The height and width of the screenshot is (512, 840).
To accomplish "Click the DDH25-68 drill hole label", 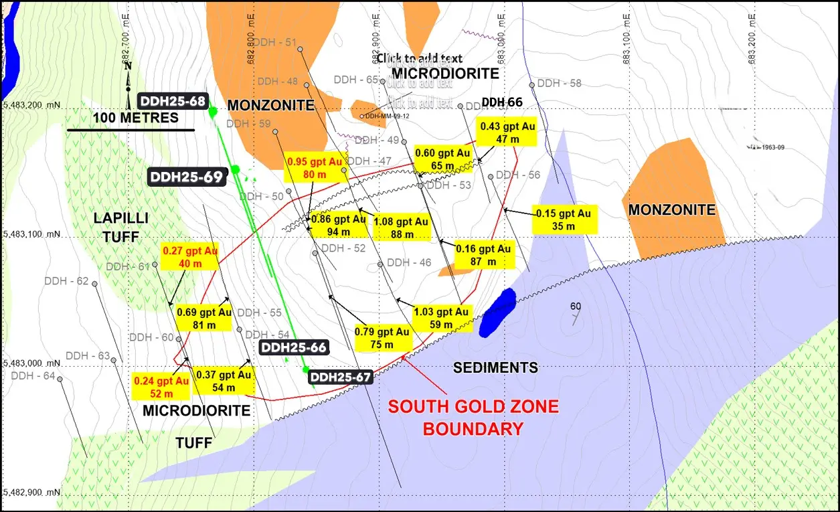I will (173, 101).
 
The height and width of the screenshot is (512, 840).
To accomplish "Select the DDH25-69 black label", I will (185, 177).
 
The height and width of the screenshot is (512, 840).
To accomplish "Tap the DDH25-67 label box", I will (340, 377).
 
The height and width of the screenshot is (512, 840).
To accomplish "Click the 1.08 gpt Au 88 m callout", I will (401, 228).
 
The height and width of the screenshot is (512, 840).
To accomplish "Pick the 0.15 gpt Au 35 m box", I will (564, 220).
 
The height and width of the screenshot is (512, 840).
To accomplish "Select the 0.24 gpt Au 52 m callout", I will (161, 387).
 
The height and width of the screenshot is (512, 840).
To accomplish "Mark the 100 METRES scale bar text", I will (135, 118).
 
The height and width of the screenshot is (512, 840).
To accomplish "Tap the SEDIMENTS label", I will (495, 367).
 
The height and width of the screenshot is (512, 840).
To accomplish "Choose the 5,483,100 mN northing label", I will (32, 235).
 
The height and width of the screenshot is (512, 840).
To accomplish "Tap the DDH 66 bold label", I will (502, 102).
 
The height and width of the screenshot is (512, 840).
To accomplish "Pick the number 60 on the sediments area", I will (575, 307).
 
